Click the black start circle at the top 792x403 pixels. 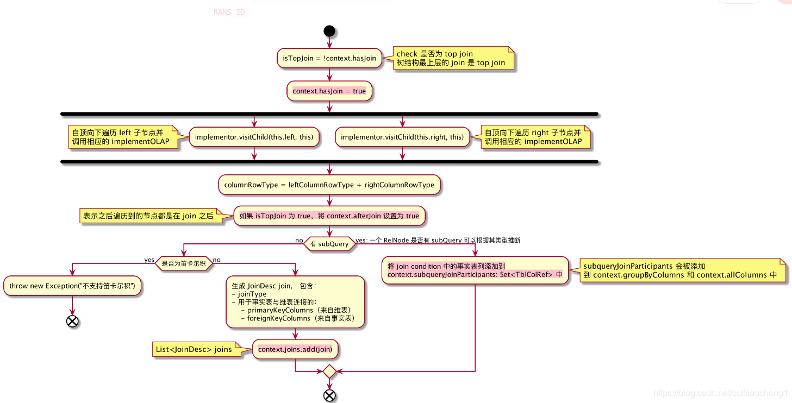click(329, 30)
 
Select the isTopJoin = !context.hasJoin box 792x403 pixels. click(329, 58)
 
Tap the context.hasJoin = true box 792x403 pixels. click(329, 91)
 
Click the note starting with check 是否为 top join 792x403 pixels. click(451, 58)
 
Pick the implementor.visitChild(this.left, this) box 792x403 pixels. click(254, 137)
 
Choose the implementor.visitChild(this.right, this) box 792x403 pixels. click(402, 137)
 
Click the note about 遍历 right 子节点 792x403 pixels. click(534, 137)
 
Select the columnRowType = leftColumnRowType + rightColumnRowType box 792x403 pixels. click(329, 185)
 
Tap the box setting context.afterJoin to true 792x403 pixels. click(329, 216)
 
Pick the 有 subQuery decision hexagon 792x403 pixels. click(329, 244)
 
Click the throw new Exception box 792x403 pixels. click(72, 286)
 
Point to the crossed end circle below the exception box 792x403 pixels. click(72, 321)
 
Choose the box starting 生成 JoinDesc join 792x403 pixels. click(295, 302)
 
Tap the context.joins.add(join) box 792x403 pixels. click(295, 349)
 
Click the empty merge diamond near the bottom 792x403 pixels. click(329, 371)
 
